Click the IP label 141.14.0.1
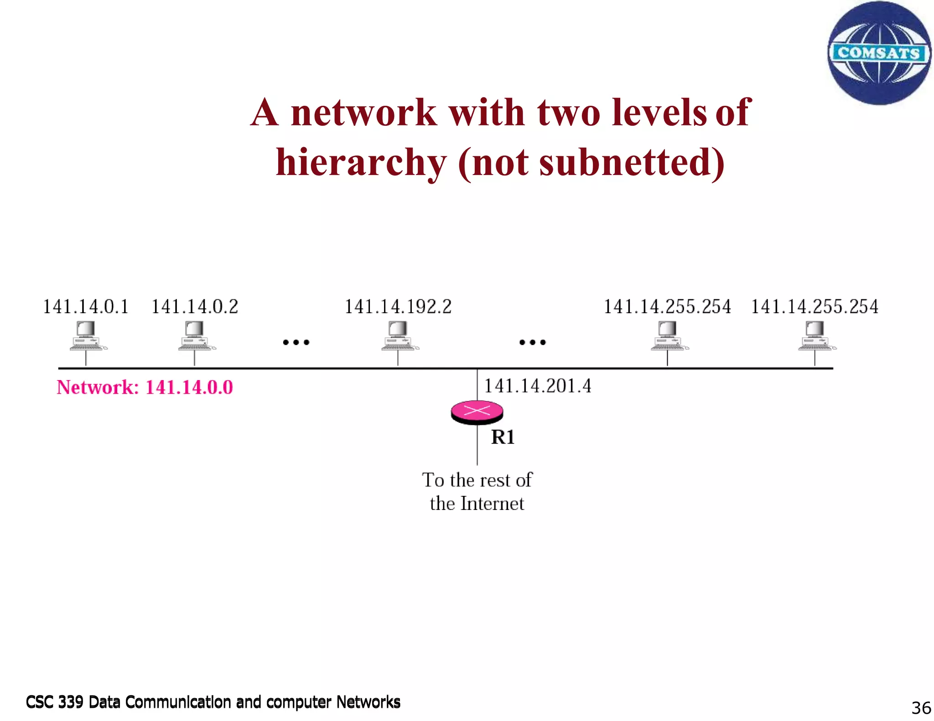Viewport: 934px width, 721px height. [x=86, y=307]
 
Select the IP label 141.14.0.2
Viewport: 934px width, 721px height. [x=195, y=307]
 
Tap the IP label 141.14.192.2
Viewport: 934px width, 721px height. [x=398, y=307]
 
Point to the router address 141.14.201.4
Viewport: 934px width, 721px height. [x=537, y=386]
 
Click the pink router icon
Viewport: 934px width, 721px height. [x=477, y=412]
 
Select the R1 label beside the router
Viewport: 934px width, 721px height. [x=503, y=437]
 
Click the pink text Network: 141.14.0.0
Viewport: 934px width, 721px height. [x=145, y=387]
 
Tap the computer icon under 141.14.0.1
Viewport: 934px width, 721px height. [x=87, y=336]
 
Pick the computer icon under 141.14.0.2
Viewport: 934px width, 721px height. [x=196, y=336]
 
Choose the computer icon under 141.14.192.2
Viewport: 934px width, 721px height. [x=399, y=336]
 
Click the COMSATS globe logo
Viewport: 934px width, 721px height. [x=879, y=53]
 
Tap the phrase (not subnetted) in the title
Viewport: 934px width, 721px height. [x=592, y=163]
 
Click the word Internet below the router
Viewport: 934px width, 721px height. [x=492, y=504]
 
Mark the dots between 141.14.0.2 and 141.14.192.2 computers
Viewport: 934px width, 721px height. [x=296, y=342]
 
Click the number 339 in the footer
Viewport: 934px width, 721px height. [x=71, y=702]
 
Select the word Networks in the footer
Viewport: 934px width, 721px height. [x=368, y=702]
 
